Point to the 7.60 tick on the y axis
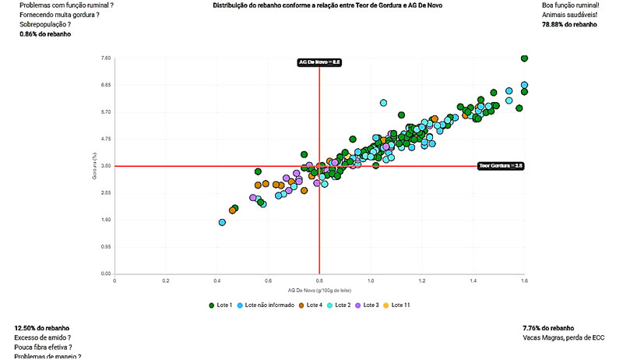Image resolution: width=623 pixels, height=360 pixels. pyautogui.click(x=106, y=58)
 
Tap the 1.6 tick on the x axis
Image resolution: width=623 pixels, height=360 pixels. pyautogui.click(x=524, y=280)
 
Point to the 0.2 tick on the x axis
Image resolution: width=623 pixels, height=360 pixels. pyautogui.click(x=166, y=280)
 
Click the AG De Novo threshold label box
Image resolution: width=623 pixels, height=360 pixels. pyautogui.click(x=320, y=62)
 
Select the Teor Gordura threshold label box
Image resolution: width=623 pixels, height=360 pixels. pyautogui.click(x=501, y=166)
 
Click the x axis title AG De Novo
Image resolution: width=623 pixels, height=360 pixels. pyautogui.click(x=319, y=289)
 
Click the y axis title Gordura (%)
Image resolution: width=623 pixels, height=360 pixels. pyautogui.click(x=94, y=166)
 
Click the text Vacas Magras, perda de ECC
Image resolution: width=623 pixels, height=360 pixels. pyautogui.click(x=563, y=338)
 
